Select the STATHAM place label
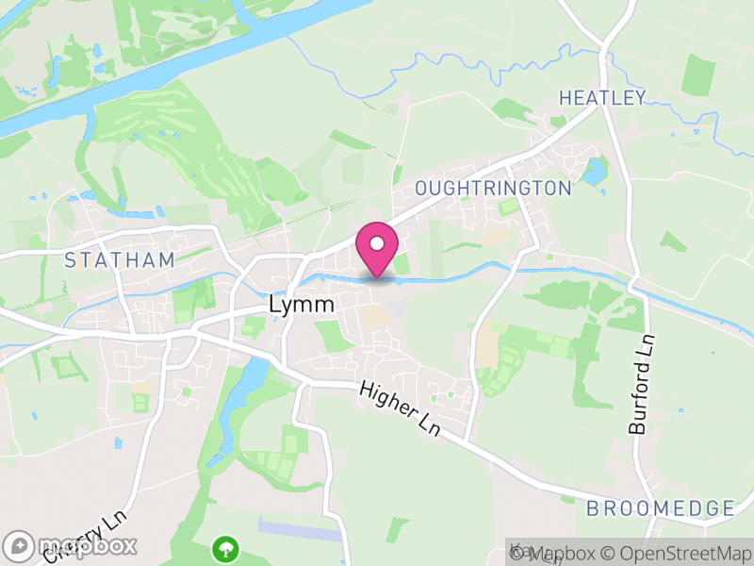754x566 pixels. (x=120, y=259)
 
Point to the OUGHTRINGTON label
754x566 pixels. (x=494, y=188)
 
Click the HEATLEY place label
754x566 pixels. (x=602, y=97)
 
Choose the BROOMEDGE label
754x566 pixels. (x=660, y=508)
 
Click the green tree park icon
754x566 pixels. (x=225, y=547)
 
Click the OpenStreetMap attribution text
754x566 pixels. (x=675, y=552)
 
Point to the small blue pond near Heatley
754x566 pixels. (x=594, y=171)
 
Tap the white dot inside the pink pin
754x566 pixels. (x=377, y=243)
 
